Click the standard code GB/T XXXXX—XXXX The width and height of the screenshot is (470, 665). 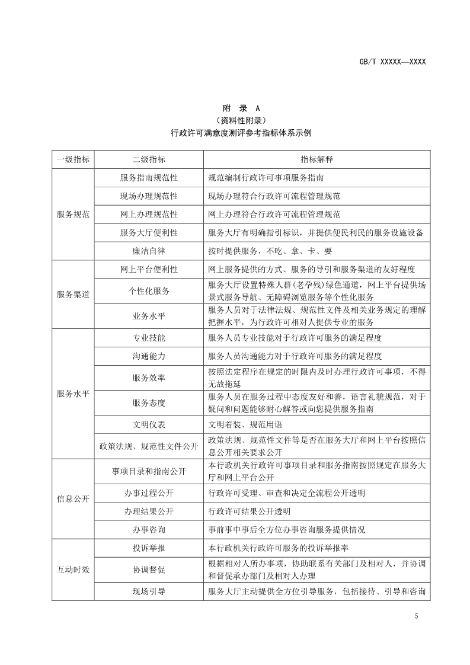[x=393, y=62]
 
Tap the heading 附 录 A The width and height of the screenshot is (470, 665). [x=241, y=108]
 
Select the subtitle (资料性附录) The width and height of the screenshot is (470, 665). [x=241, y=121]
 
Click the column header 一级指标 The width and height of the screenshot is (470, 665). [x=73, y=159]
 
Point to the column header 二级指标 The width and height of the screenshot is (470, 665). [x=149, y=159]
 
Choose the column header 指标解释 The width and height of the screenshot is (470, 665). [x=316, y=159]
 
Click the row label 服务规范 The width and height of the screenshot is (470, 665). [x=73, y=214]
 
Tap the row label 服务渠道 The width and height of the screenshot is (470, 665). [x=73, y=294]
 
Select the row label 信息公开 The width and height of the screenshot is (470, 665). [x=73, y=499]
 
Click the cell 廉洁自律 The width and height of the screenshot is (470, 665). [x=149, y=250]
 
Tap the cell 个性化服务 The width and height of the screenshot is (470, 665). [x=149, y=291]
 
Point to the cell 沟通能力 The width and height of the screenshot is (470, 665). [x=149, y=356]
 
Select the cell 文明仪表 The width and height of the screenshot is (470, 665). [x=149, y=424]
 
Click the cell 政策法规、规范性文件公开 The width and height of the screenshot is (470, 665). [x=149, y=446]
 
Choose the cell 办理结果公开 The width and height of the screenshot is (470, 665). [x=149, y=511]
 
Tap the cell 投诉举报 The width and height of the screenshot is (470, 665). [x=149, y=548]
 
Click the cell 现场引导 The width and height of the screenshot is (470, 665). [x=149, y=591]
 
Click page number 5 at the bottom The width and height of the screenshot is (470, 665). [x=416, y=616]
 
